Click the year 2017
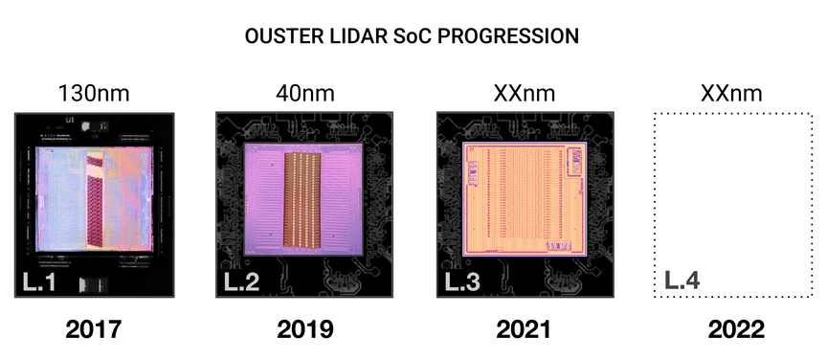[x=94, y=330]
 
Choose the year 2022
[x=736, y=330]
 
